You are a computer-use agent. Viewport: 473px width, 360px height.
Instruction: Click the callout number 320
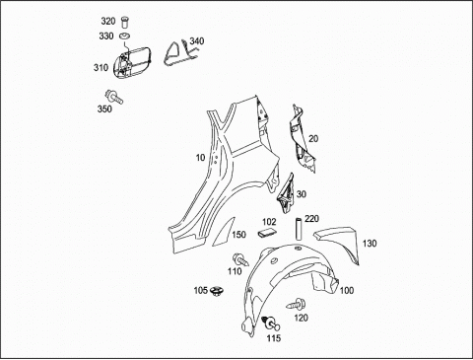pos(108,22)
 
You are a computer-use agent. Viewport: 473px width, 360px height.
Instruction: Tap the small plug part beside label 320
pos(124,22)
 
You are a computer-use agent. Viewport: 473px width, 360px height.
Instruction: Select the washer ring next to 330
pos(125,36)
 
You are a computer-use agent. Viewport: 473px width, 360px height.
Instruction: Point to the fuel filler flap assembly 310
pos(131,62)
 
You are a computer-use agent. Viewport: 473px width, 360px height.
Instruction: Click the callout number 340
pos(197,41)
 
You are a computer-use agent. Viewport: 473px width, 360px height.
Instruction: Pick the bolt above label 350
pos(113,97)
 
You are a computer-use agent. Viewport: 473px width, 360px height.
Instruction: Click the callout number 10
pos(200,158)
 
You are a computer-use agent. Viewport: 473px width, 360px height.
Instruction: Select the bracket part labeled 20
pos(303,138)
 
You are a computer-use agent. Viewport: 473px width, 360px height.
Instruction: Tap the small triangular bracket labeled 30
pos(286,194)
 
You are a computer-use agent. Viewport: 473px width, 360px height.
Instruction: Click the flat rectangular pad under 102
pos(267,233)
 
